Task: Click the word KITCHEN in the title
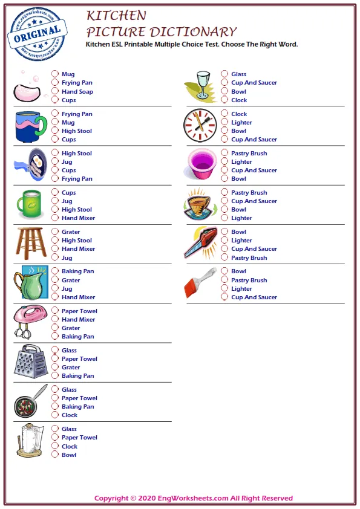click(x=116, y=15)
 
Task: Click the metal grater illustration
click(x=30, y=361)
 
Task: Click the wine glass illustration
click(x=201, y=86)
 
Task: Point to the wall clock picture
click(x=200, y=125)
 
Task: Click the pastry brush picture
click(x=199, y=282)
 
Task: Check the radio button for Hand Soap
click(x=55, y=92)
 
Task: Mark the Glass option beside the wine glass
click(x=224, y=74)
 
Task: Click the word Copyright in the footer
click(x=111, y=499)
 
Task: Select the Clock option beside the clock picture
click(x=224, y=114)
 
